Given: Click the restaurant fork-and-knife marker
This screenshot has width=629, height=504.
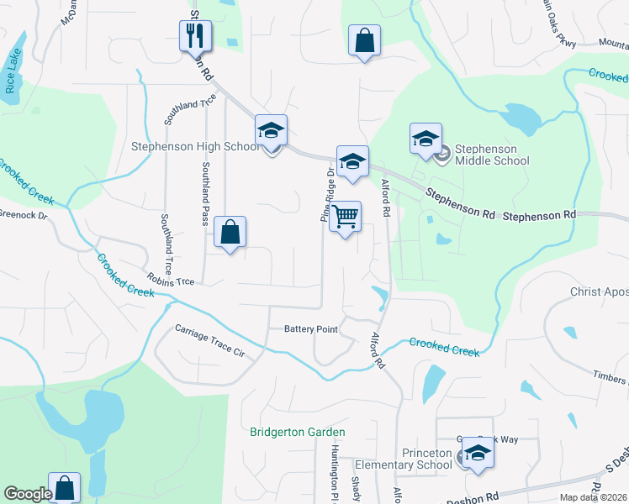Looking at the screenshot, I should (x=195, y=37).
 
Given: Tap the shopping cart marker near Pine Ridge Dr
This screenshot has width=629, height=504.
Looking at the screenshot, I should (x=345, y=218).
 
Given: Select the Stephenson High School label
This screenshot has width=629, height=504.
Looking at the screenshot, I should (x=195, y=146).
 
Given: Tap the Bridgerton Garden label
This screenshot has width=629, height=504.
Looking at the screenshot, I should (x=298, y=433).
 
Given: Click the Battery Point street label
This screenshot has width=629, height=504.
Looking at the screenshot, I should (x=310, y=329).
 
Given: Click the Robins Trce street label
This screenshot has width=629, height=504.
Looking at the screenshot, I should (x=171, y=278).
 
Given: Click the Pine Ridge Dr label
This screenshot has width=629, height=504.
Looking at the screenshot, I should (x=325, y=194).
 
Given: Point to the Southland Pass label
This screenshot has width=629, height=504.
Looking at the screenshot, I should (x=204, y=194).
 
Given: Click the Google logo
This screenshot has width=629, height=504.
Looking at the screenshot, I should (x=28, y=494).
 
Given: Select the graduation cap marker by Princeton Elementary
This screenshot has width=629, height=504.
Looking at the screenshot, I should (x=478, y=454).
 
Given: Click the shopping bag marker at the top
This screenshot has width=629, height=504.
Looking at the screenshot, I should (x=364, y=41).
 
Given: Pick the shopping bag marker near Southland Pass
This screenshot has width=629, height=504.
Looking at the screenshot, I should (x=230, y=233).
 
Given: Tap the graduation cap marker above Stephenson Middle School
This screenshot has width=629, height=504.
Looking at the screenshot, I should (x=425, y=139).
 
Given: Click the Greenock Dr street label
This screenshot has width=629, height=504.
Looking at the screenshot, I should (x=24, y=214).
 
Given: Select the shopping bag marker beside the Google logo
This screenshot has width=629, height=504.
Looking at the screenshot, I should (x=65, y=488).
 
